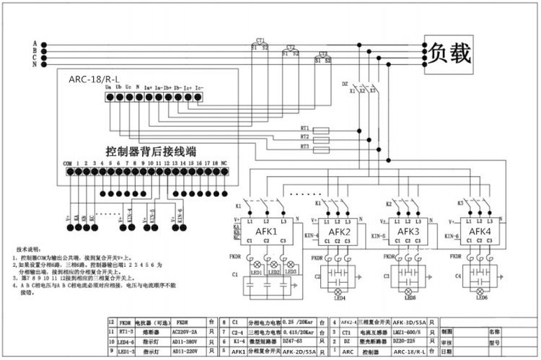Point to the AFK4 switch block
pos(478,231)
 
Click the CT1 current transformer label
pos(260,40)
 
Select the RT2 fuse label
pos(306,136)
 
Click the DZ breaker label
pos(345,84)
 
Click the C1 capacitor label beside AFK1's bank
pos(235,275)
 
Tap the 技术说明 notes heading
pos(29,247)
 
